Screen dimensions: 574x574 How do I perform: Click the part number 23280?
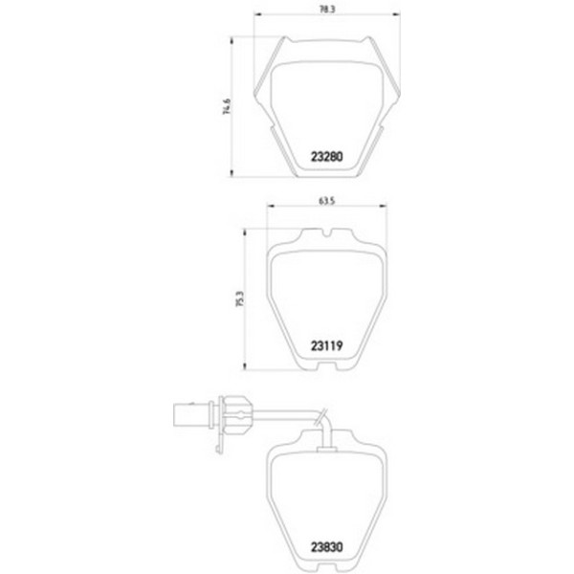tap(326, 157)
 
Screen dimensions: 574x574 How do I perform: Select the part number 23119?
tap(326, 345)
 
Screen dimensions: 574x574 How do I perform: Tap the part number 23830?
tap(326, 547)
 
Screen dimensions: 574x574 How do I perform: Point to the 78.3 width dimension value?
tap(327, 10)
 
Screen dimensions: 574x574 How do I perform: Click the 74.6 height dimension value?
tap(227, 106)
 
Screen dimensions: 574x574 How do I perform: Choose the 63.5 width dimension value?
tap(327, 201)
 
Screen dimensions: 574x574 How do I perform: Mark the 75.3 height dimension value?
tap(240, 298)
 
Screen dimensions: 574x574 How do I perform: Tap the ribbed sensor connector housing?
tap(237, 415)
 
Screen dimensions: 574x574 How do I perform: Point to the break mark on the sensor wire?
tap(320, 417)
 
